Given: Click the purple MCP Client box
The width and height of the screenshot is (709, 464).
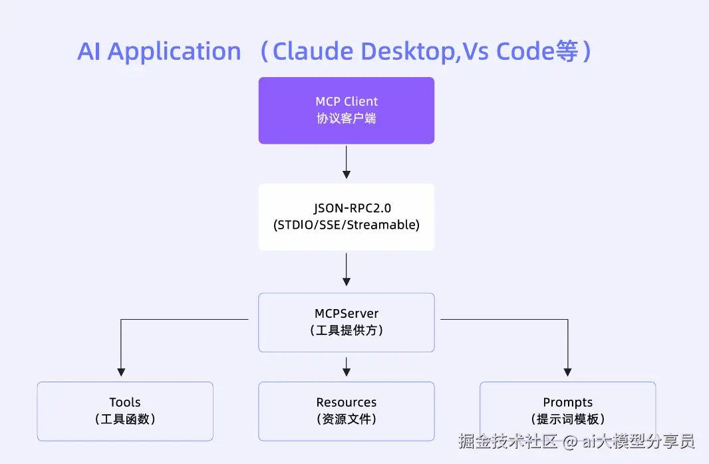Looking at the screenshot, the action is coord(347,111).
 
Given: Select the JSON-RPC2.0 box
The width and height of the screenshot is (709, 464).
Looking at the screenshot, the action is coord(347,217).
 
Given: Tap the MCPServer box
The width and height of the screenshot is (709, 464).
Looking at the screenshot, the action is coord(347,322).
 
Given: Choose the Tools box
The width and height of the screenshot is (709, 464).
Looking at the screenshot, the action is coord(125,411).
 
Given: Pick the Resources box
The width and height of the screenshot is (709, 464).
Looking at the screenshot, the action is coord(347,411).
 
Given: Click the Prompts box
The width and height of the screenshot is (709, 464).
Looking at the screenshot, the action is coord(568,411).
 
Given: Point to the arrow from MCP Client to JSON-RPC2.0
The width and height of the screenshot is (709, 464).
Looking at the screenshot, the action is coord(347,162).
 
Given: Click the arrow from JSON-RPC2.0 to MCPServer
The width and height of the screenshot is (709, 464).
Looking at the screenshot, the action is coord(347,269).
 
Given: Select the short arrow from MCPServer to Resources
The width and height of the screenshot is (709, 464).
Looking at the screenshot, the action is coord(347,367).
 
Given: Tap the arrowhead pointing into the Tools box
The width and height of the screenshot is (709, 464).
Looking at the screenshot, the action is coord(121,372).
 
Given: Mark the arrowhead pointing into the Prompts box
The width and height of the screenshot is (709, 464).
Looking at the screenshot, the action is coord(568,372).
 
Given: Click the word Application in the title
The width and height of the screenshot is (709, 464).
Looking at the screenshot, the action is coord(174,52).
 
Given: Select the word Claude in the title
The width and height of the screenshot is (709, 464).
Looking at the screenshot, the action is coord(313,51).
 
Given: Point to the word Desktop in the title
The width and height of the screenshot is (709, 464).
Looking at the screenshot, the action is coord(408,51).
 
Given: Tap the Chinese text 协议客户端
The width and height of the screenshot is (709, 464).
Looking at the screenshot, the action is coord(347,118).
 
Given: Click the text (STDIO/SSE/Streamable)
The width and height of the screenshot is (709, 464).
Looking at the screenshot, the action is coord(347,225).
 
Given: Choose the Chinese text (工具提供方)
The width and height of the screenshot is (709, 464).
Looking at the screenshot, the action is coord(347,330).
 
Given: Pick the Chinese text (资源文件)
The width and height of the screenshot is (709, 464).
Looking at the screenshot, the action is coord(347,419).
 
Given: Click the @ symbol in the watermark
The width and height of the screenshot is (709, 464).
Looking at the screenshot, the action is coord(570,441).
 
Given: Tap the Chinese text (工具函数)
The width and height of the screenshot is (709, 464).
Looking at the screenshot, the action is coord(125,419).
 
